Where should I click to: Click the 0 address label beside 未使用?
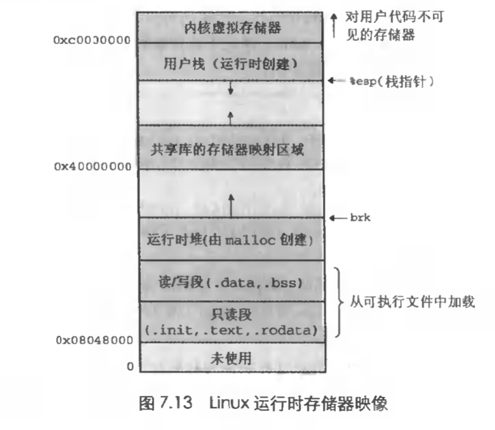130,366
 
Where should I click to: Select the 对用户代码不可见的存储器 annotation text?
392,25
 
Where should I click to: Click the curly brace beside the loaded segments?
338,302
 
